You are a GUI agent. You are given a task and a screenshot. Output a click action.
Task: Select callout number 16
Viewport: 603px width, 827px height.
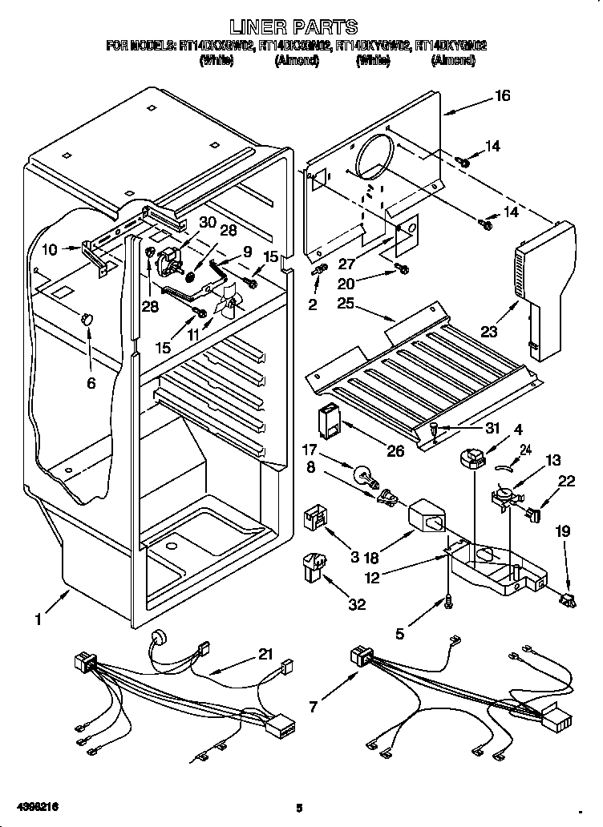click(502, 96)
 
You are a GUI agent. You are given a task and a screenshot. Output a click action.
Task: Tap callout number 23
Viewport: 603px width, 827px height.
click(488, 330)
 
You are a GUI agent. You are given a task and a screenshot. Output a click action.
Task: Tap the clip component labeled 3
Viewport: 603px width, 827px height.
click(314, 519)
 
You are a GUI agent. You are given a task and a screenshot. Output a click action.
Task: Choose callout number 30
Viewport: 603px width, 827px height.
click(208, 223)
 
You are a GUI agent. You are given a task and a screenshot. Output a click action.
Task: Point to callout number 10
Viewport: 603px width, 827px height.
click(50, 250)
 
